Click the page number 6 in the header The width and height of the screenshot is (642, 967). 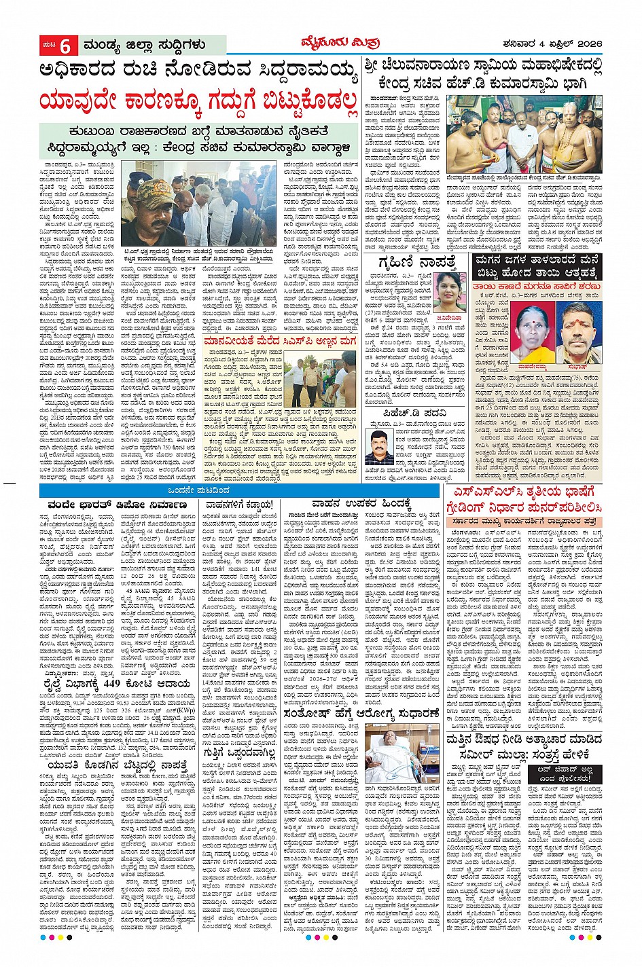(x=65, y=46)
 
